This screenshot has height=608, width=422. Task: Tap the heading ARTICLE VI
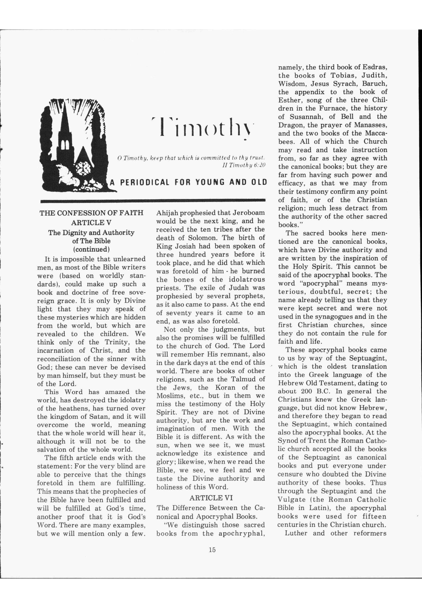[211, 498]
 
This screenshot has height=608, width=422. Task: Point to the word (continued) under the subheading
[91, 249]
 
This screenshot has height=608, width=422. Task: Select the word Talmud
[244, 379]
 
